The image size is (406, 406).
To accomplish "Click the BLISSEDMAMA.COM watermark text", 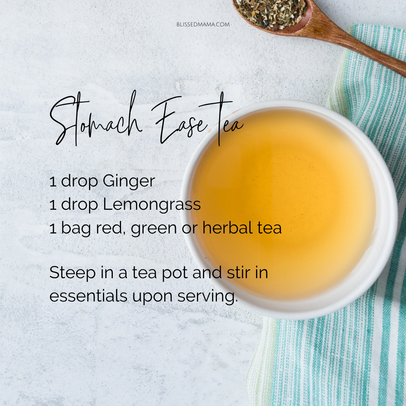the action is [x=203, y=24].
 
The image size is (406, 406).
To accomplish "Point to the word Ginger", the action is [x=129, y=181].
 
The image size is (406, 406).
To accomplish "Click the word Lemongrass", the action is [x=152, y=205].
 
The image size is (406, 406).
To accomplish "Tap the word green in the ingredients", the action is [x=154, y=229].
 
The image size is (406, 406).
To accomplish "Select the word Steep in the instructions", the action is [x=73, y=273].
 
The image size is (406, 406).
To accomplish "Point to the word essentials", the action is [x=88, y=296].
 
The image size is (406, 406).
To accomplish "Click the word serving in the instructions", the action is [x=208, y=297].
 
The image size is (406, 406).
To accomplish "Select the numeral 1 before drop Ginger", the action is [x=53, y=182].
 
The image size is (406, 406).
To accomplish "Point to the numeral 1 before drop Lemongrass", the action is [x=53, y=205].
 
